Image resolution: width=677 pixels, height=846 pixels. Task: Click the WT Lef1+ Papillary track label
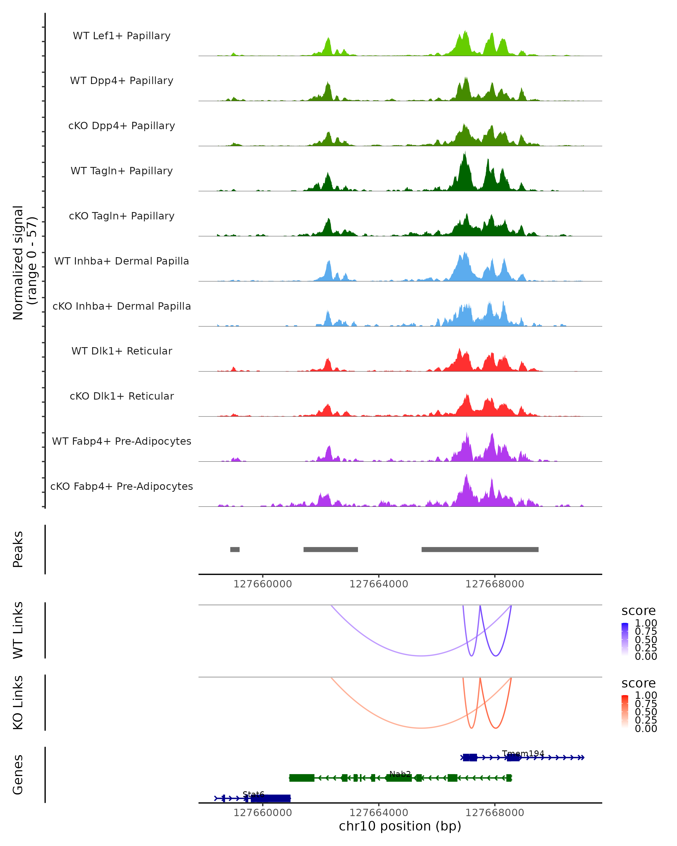coord(122,36)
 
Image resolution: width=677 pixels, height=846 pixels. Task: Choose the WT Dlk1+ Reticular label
coord(122,351)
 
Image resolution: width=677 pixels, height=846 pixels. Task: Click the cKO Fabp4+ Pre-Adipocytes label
coord(122,486)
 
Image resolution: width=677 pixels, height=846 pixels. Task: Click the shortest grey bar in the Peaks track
coord(235,549)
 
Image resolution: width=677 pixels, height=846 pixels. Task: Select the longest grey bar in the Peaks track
coord(480,549)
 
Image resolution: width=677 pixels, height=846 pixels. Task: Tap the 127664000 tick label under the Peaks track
coord(379,584)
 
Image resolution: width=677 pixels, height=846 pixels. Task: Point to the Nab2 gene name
coord(400,774)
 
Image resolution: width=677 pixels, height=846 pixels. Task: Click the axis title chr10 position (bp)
coord(400,826)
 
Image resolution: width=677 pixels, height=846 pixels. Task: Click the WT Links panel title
coord(18,630)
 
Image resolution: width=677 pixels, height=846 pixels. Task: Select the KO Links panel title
coord(18,703)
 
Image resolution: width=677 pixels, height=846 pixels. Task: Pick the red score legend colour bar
coord(625,711)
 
